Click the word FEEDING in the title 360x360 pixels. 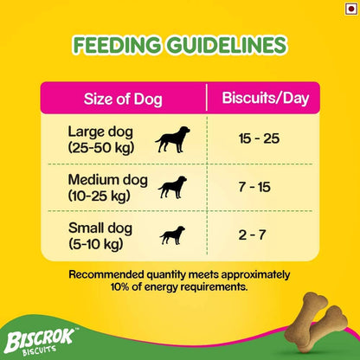point(122,43)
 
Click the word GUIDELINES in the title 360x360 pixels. point(229,43)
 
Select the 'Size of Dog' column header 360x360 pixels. point(123,97)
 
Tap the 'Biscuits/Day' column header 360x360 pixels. point(262,97)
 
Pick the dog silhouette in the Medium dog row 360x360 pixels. point(174,188)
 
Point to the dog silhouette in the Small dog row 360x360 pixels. point(170,235)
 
